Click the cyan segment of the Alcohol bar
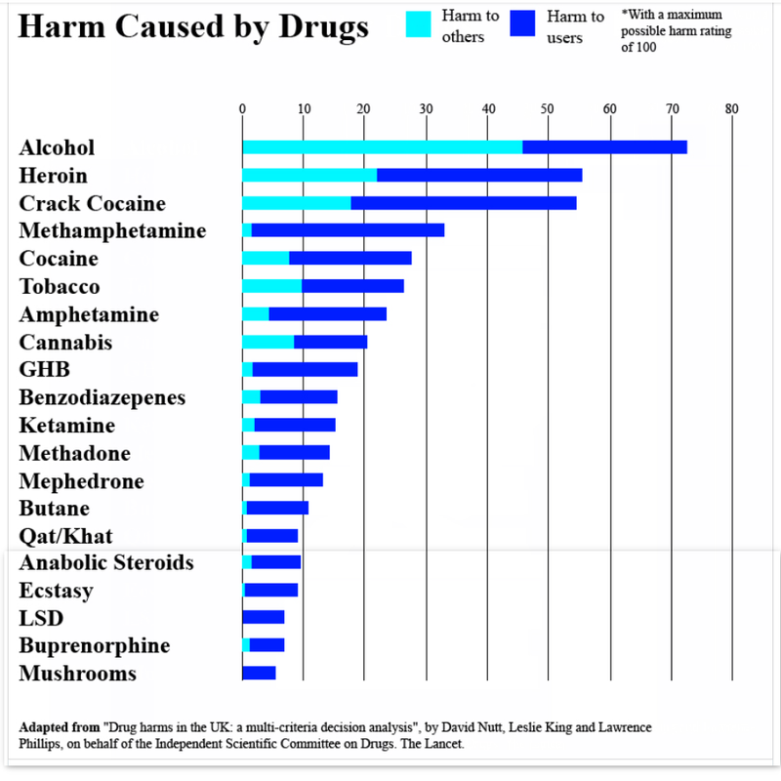point(382,147)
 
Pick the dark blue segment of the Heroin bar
point(479,176)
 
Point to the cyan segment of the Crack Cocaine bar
point(296,203)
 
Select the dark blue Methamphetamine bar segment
point(348,230)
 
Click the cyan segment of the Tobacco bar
point(271,286)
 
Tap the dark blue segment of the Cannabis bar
point(330,342)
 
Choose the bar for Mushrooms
point(259,673)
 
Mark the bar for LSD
point(263,618)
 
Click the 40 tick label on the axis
point(487,108)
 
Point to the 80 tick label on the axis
point(732,108)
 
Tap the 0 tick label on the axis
point(242,108)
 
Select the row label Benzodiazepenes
point(103,398)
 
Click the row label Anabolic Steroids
point(106,563)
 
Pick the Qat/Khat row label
point(65,536)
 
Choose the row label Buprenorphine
point(94,646)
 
